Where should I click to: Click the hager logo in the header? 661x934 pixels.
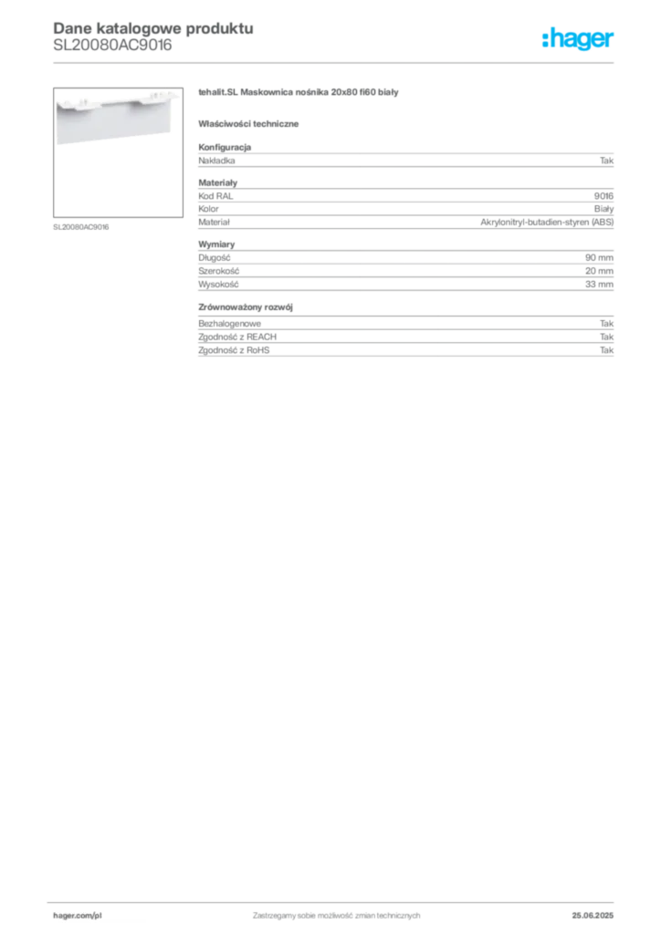coord(578,38)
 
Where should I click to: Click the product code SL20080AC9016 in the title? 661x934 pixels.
coord(112,46)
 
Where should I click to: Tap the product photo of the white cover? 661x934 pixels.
coord(118,152)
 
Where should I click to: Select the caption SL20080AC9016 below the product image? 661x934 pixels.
coord(81,227)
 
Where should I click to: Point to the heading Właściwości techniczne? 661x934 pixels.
coord(248,124)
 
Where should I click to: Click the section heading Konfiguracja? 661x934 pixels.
coord(225,147)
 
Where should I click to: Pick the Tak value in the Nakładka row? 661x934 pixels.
coord(607,161)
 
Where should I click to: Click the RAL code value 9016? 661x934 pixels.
coord(603,196)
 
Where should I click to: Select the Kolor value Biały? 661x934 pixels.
coord(603,209)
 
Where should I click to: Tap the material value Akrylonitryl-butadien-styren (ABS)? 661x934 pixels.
coord(547,223)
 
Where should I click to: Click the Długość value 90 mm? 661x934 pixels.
coord(599,258)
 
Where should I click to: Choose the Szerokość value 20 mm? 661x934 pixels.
coord(599,271)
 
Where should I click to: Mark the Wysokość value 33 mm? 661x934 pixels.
coord(599,285)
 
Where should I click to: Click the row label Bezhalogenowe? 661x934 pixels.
coord(229,324)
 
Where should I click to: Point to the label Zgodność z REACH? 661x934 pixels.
coord(237,337)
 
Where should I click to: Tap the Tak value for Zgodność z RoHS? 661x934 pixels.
coord(607,350)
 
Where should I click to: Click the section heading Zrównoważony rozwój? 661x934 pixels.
coord(246,307)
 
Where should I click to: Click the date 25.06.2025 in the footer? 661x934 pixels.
coord(593,916)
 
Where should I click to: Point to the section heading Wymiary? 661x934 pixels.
coord(216,244)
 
